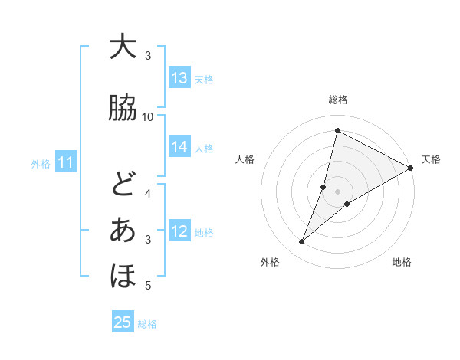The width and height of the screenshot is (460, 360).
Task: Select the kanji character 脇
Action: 123,108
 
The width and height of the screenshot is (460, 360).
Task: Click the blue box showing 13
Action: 179,78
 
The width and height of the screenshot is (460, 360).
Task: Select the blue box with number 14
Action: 179,148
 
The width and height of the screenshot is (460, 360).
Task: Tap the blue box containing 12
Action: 179,231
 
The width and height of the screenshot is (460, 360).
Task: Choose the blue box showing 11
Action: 66,162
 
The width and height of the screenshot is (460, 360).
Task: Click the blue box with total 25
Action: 123,322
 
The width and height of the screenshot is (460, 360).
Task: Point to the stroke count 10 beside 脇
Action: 148,116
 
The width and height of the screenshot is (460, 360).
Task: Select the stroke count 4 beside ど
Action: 148,193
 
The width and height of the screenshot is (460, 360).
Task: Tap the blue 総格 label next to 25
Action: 147,324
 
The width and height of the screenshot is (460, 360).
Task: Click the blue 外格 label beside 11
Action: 41,163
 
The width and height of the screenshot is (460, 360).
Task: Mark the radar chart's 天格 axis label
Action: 431,159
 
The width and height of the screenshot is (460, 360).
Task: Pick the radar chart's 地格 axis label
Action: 402,262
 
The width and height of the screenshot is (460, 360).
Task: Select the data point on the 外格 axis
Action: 302,242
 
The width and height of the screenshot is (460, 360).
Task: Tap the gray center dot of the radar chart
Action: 337,191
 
